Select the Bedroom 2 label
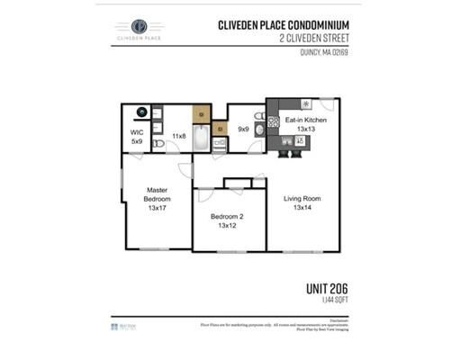(228, 217)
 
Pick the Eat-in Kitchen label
(305, 120)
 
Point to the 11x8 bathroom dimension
(178, 136)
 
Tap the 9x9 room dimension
(242, 129)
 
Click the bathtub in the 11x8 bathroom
(202, 139)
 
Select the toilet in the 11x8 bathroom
(158, 143)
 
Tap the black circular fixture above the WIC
(140, 113)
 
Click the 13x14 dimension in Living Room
(302, 208)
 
